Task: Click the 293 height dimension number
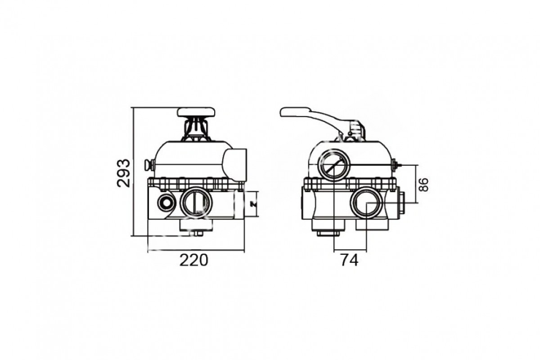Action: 123,173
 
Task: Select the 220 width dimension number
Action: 193,261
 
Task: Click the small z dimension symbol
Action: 253,204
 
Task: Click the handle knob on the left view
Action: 196,112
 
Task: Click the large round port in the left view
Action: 196,202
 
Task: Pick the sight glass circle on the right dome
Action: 334,166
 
